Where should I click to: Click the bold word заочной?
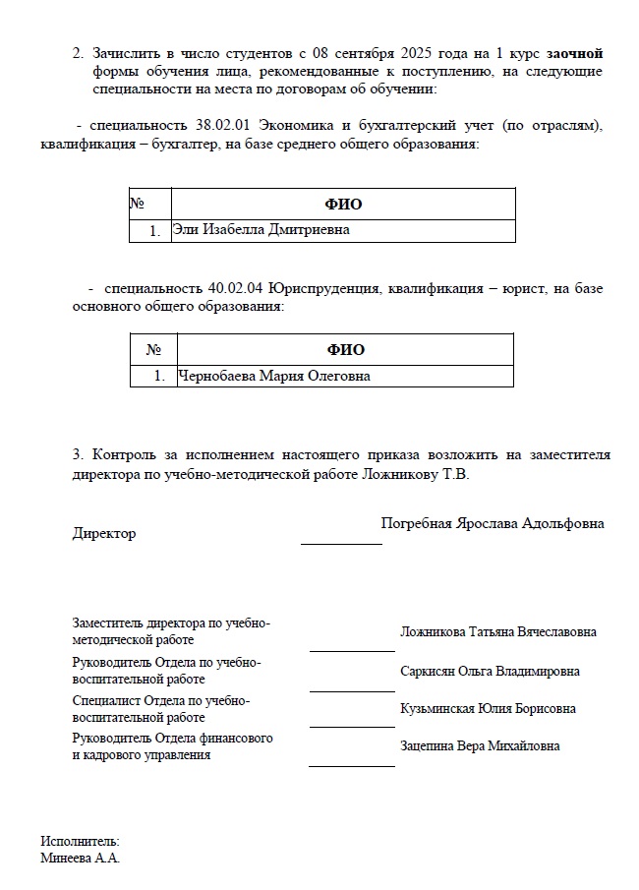click(575, 52)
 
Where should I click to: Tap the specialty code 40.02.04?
click(235, 289)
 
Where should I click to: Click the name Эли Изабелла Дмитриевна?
click(261, 230)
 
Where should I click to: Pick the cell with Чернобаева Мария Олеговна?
click(274, 376)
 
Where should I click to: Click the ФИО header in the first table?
click(343, 205)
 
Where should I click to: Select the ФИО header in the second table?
click(345, 350)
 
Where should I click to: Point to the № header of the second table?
click(153, 350)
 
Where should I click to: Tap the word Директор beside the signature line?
click(104, 533)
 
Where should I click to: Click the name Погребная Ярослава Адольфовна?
click(493, 523)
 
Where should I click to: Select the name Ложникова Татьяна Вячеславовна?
click(497, 632)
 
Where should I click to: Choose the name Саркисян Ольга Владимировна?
click(490, 672)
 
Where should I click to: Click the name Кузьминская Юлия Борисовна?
click(488, 709)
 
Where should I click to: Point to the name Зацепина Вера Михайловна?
click(480, 746)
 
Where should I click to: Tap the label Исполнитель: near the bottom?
click(80, 842)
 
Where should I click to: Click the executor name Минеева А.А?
click(80, 858)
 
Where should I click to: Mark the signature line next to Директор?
click(340, 543)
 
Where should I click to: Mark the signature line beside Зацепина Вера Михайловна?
click(352, 765)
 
